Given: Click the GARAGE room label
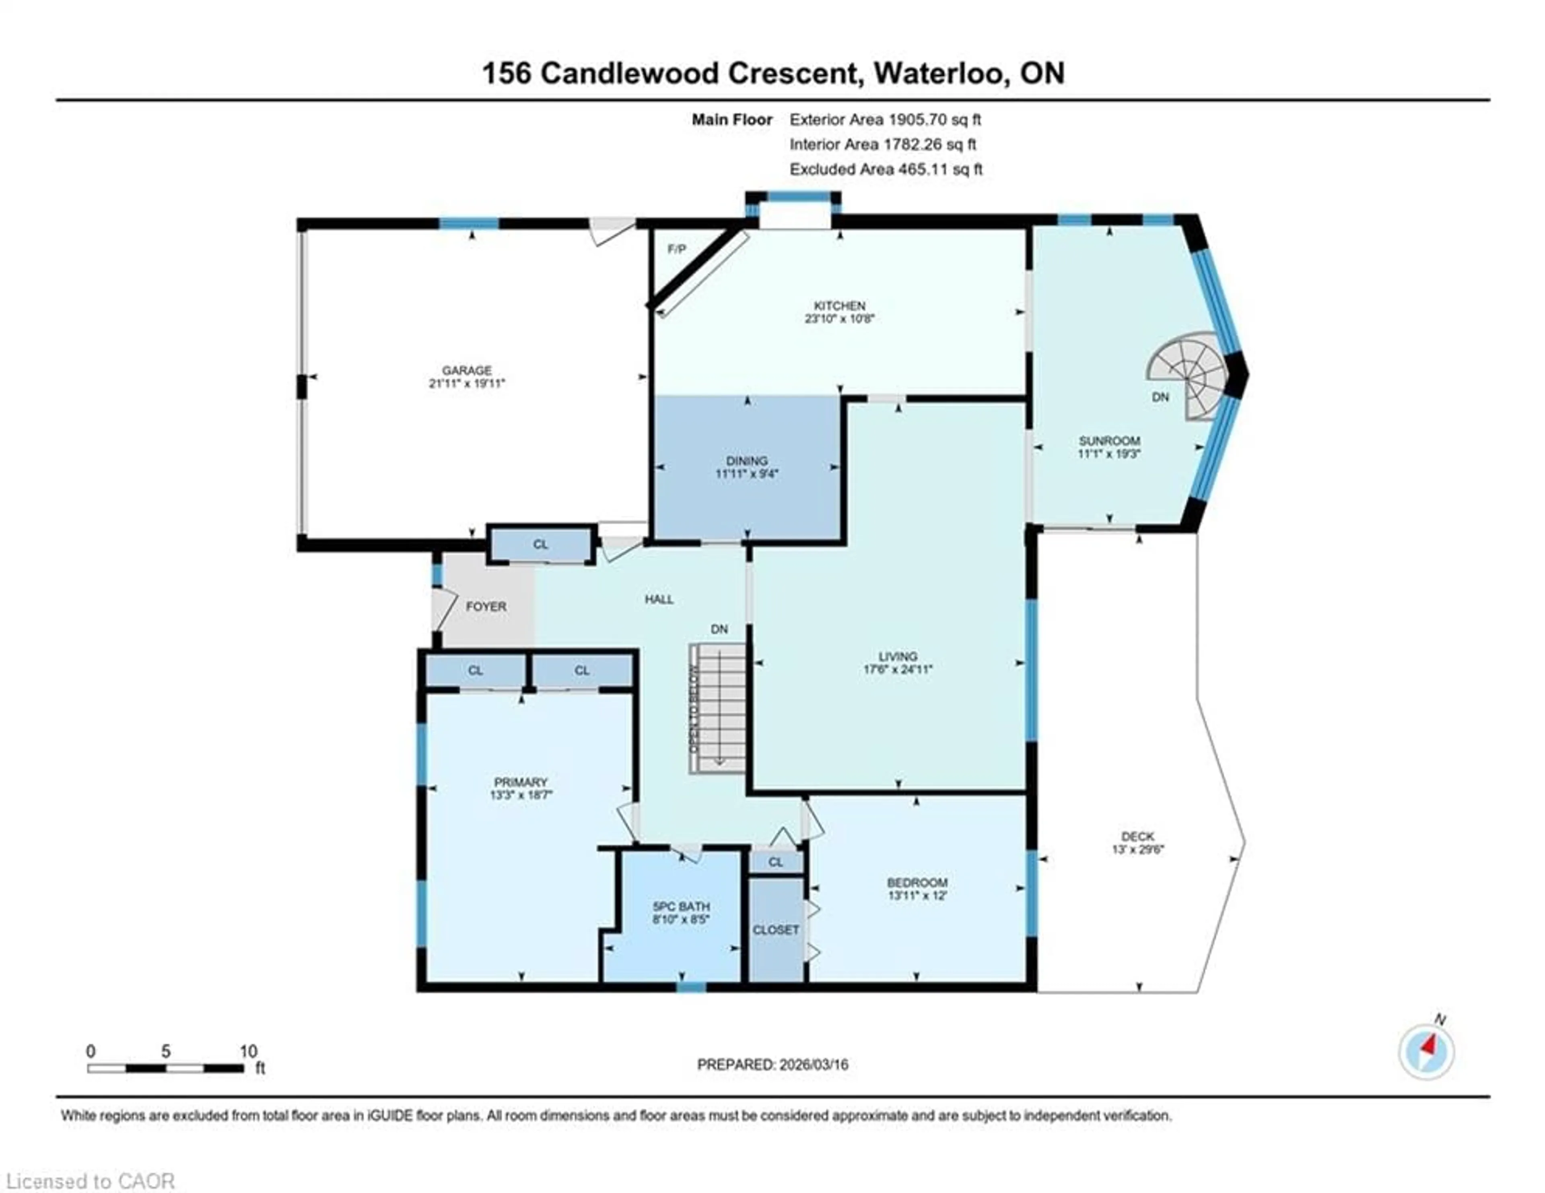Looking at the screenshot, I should tap(466, 370).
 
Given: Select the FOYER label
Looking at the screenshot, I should tap(486, 607).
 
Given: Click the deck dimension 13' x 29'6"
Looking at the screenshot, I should tap(1137, 849).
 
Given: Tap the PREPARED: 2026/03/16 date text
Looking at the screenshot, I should tap(772, 1064).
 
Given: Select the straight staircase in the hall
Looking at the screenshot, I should tap(719, 708).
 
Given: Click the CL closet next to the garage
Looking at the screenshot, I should tap(540, 544).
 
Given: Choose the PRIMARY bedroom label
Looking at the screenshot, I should tap(521, 782).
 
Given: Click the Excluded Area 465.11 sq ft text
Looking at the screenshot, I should tap(886, 169).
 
